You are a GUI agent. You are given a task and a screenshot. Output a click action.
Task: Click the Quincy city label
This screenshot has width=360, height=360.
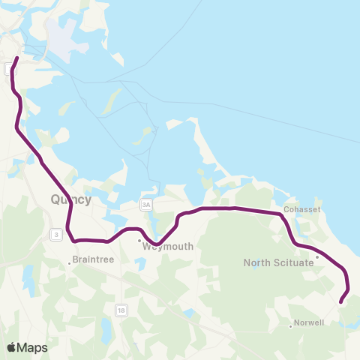coord(70,199)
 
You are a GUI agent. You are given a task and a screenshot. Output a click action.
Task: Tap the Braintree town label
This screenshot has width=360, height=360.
coord(91,262)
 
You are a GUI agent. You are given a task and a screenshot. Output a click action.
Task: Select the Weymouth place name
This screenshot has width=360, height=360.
coord(168,246)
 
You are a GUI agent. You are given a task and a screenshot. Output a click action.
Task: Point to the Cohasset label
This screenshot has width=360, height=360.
coord(304,209)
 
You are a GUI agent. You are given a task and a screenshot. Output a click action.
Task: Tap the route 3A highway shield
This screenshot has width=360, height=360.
coord(146,204)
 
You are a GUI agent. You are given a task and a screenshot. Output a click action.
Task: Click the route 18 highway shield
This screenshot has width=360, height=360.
coord(121,309)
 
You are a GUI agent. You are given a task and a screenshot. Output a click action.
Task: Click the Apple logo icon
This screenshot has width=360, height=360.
coord(12,347)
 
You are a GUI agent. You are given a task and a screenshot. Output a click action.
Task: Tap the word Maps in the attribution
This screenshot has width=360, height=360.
coord(32,347)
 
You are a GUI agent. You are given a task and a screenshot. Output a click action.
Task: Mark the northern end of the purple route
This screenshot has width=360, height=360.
coord(17,58)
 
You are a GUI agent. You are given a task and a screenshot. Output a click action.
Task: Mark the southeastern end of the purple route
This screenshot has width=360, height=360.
coord(341,302)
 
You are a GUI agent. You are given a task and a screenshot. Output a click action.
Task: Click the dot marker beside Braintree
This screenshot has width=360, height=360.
coord(70,262)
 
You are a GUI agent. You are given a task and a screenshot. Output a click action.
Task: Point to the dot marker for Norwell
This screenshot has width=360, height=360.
coord(290,325)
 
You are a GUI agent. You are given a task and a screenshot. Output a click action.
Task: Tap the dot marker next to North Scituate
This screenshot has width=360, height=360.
coord(316,257)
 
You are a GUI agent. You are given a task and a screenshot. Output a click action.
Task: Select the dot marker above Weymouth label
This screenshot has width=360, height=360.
coord(139,241)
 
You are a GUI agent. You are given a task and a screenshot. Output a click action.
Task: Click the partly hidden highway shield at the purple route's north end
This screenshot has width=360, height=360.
coord(8,69)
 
